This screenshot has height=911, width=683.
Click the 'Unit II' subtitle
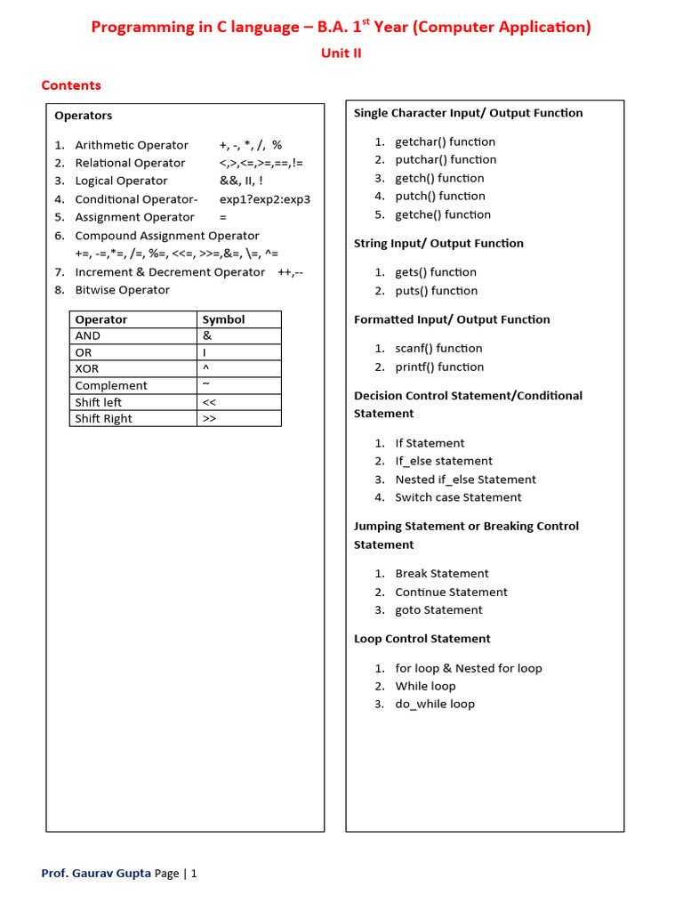[341, 52]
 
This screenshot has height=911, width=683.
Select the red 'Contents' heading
[71, 85]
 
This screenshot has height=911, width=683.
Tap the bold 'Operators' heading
[84, 116]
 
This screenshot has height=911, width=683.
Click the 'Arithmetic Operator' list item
[132, 145]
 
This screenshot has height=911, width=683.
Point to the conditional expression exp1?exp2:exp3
[265, 199]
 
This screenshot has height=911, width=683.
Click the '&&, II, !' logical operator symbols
[241, 181]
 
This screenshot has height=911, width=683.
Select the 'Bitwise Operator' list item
[122, 290]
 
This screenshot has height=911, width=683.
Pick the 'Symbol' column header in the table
[223, 319]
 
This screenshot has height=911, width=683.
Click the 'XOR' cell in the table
[87, 369]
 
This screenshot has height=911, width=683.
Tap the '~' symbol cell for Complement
[206, 385]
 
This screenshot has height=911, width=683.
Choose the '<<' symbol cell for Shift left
[210, 402]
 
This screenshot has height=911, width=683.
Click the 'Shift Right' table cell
[103, 419]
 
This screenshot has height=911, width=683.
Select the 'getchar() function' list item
[445, 141]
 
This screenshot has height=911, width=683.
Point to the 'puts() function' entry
[436, 291]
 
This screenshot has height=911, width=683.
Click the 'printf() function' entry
[439, 367]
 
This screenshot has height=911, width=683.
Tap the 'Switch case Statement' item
[458, 497]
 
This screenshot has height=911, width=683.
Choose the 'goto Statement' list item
[438, 610]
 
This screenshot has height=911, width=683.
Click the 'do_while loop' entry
[435, 704]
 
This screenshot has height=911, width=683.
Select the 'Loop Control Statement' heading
[422, 639]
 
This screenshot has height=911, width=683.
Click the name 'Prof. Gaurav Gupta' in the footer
[96, 874]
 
